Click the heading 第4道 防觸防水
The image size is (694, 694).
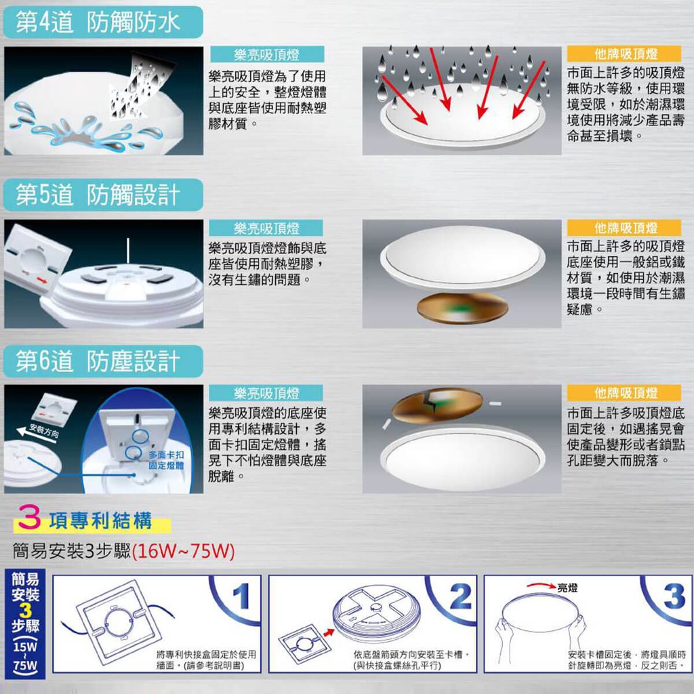point(98,22)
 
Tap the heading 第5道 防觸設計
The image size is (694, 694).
point(98,195)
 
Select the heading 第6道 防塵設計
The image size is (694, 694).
point(98,362)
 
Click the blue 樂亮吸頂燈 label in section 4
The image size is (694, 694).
point(267,54)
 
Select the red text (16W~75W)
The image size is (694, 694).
point(183,552)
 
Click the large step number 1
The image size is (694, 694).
point(241,596)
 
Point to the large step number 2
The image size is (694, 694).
point(460,596)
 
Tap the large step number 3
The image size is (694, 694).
point(674,596)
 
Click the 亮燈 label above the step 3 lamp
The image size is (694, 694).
point(567,588)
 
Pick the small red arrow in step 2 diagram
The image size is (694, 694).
point(329,632)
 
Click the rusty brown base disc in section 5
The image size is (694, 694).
point(462,308)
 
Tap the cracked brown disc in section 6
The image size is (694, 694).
point(437,405)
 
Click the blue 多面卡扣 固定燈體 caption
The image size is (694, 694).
point(166,460)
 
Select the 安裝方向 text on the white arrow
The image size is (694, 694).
point(44,430)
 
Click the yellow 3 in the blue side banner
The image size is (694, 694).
point(25,611)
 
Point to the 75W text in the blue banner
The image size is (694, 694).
point(25,666)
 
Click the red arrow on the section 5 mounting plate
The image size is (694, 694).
point(41,280)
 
